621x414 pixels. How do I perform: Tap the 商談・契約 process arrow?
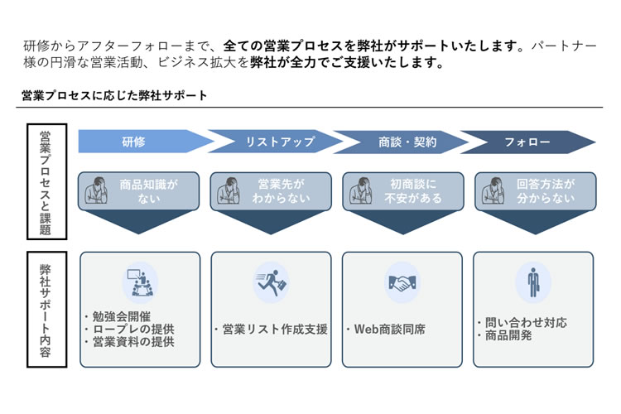(x=402, y=142)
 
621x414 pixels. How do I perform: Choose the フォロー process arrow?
(x=527, y=142)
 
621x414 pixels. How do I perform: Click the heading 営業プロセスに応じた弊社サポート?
(x=114, y=96)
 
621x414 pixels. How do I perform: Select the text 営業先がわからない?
(x=281, y=192)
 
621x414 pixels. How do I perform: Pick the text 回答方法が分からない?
(x=544, y=192)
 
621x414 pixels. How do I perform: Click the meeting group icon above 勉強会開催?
(x=140, y=282)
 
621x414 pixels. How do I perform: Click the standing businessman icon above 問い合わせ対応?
(x=532, y=282)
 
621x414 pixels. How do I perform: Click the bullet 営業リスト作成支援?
(x=271, y=329)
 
